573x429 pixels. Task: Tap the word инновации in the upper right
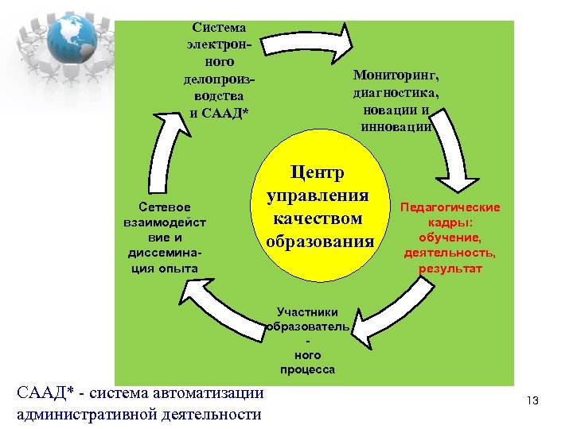(396, 126)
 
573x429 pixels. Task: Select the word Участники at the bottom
(307, 312)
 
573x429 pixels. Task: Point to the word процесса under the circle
(307, 369)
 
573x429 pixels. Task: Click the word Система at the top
(219, 28)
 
